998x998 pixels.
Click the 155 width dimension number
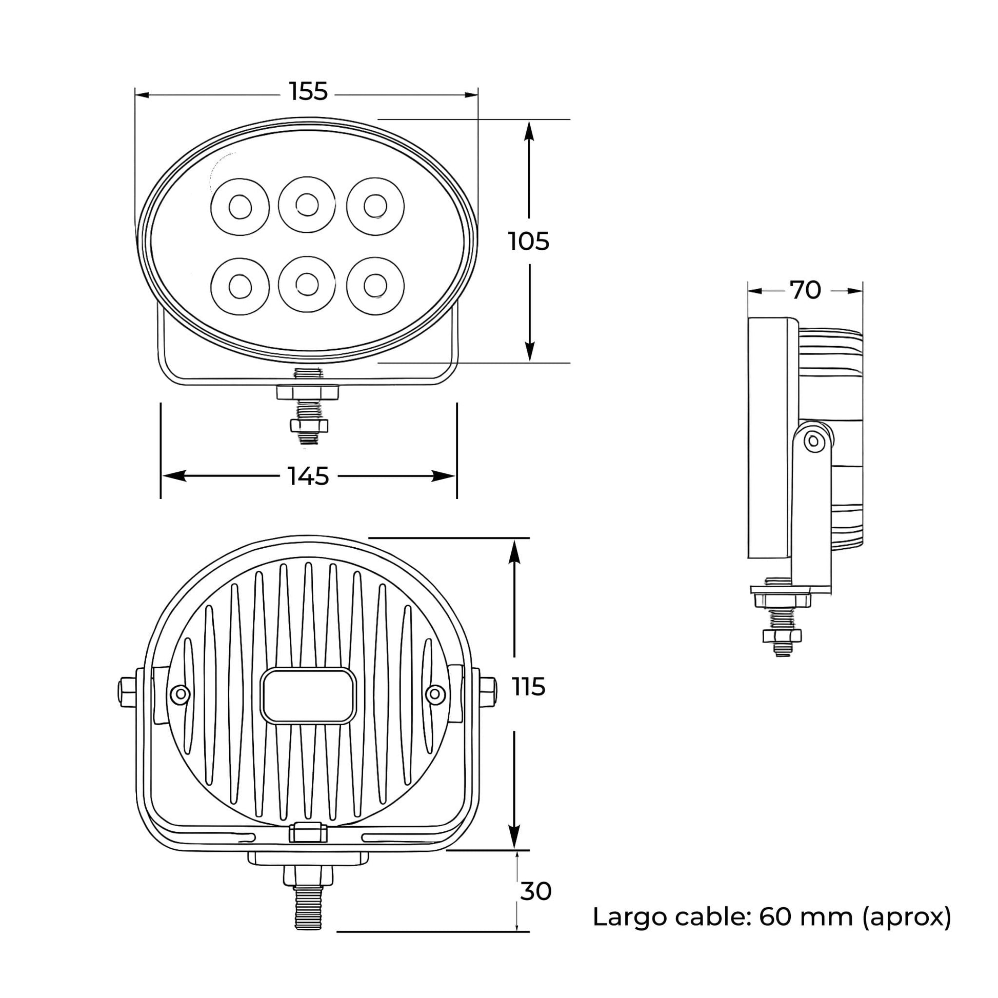pyautogui.click(x=308, y=92)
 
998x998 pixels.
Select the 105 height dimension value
pyautogui.click(x=528, y=242)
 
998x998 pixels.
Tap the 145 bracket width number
pyautogui.click(x=308, y=476)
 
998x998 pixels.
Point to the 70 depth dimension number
pyautogui.click(x=805, y=290)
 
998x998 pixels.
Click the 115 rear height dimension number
pyautogui.click(x=528, y=687)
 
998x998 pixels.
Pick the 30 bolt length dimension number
pyautogui.click(x=536, y=892)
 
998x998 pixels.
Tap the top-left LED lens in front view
pyautogui.click(x=240, y=207)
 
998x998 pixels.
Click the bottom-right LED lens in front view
pyautogui.click(x=375, y=286)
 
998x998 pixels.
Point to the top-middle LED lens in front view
pyautogui.click(x=307, y=205)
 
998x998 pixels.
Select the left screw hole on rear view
pyautogui.click(x=180, y=694)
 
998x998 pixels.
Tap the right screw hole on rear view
pyautogui.click(x=435, y=694)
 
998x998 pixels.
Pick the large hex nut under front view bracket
pyautogui.click(x=308, y=392)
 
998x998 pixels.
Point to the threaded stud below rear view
pyautogui.click(x=308, y=907)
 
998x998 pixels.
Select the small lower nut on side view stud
pyautogui.click(x=782, y=635)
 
